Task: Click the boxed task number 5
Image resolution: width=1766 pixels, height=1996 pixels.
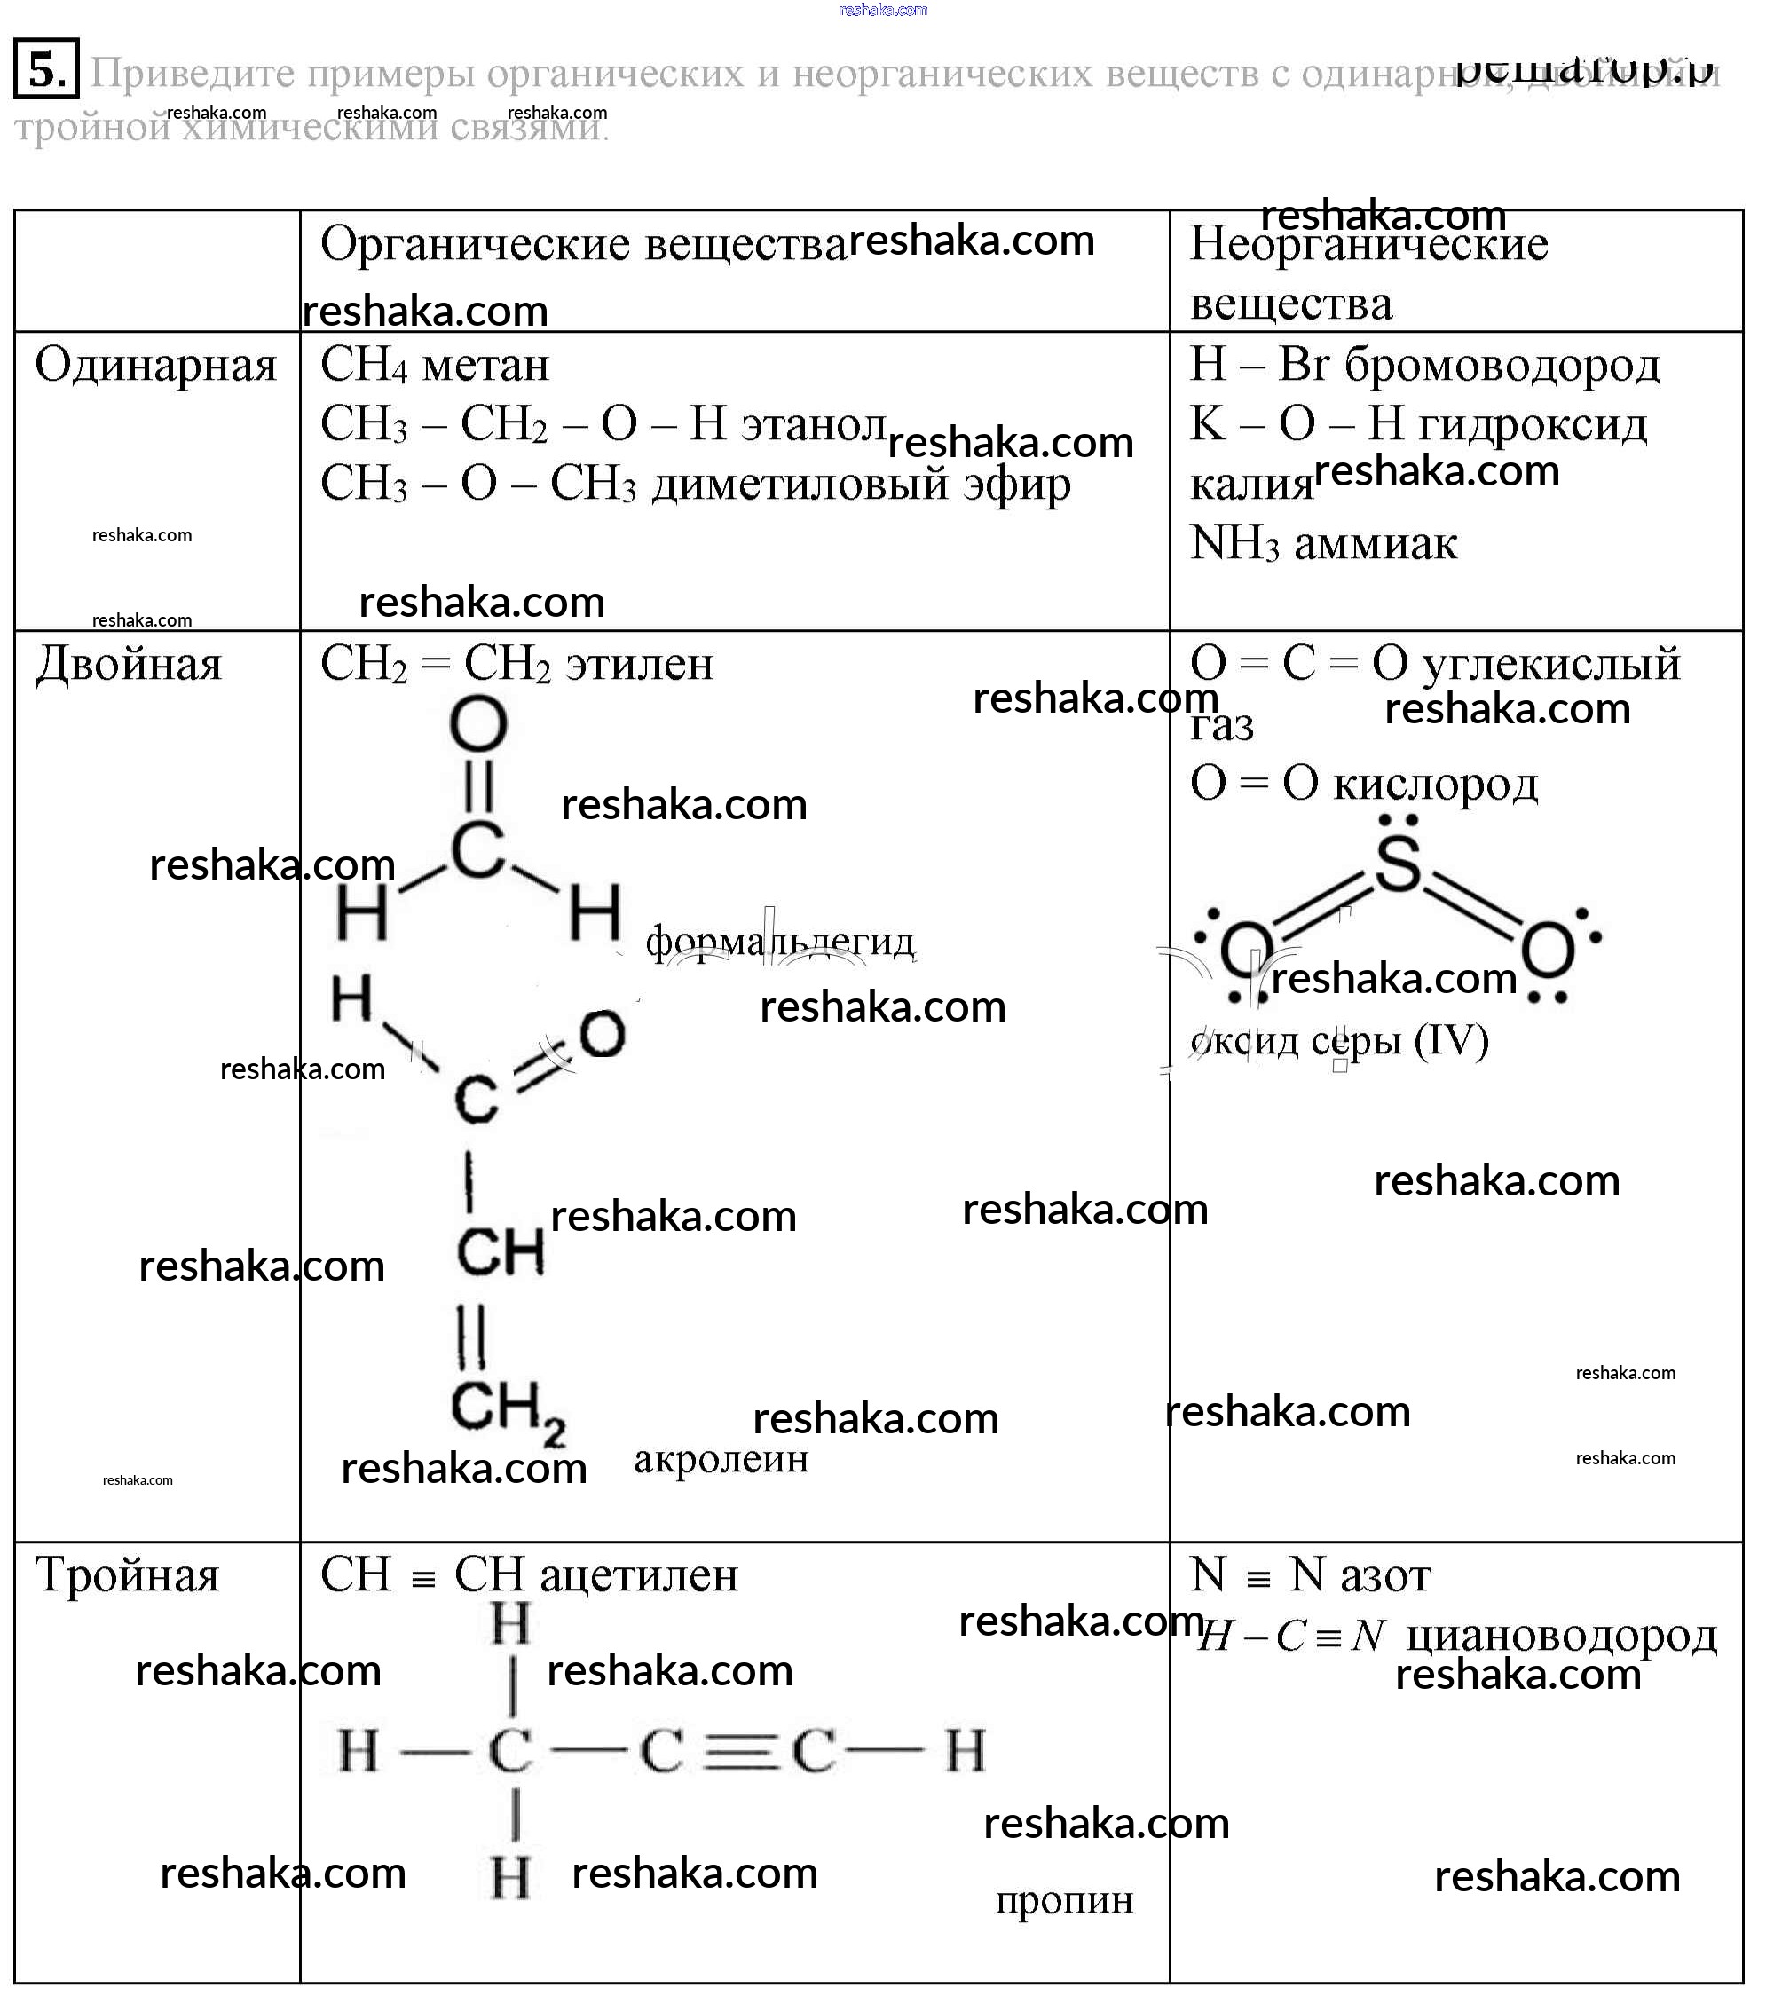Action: point(46,69)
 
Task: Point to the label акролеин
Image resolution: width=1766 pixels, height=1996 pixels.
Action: point(721,1460)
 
